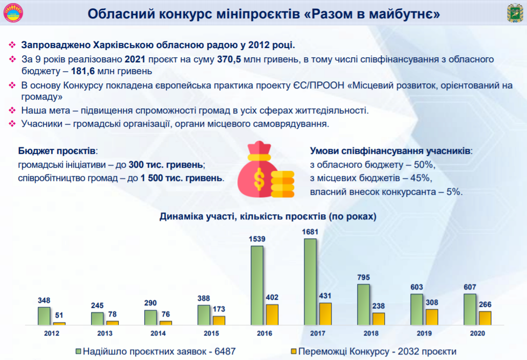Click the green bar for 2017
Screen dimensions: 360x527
point(310,282)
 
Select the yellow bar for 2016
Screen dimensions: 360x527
point(272,314)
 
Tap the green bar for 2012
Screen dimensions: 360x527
point(44,316)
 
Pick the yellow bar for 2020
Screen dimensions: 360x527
point(485,318)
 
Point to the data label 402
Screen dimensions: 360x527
point(272,298)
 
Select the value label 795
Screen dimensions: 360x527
point(363,278)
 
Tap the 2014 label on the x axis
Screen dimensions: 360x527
point(158,333)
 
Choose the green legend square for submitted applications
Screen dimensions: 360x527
point(78,351)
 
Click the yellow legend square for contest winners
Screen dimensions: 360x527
point(294,351)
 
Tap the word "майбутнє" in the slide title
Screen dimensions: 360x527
point(410,13)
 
